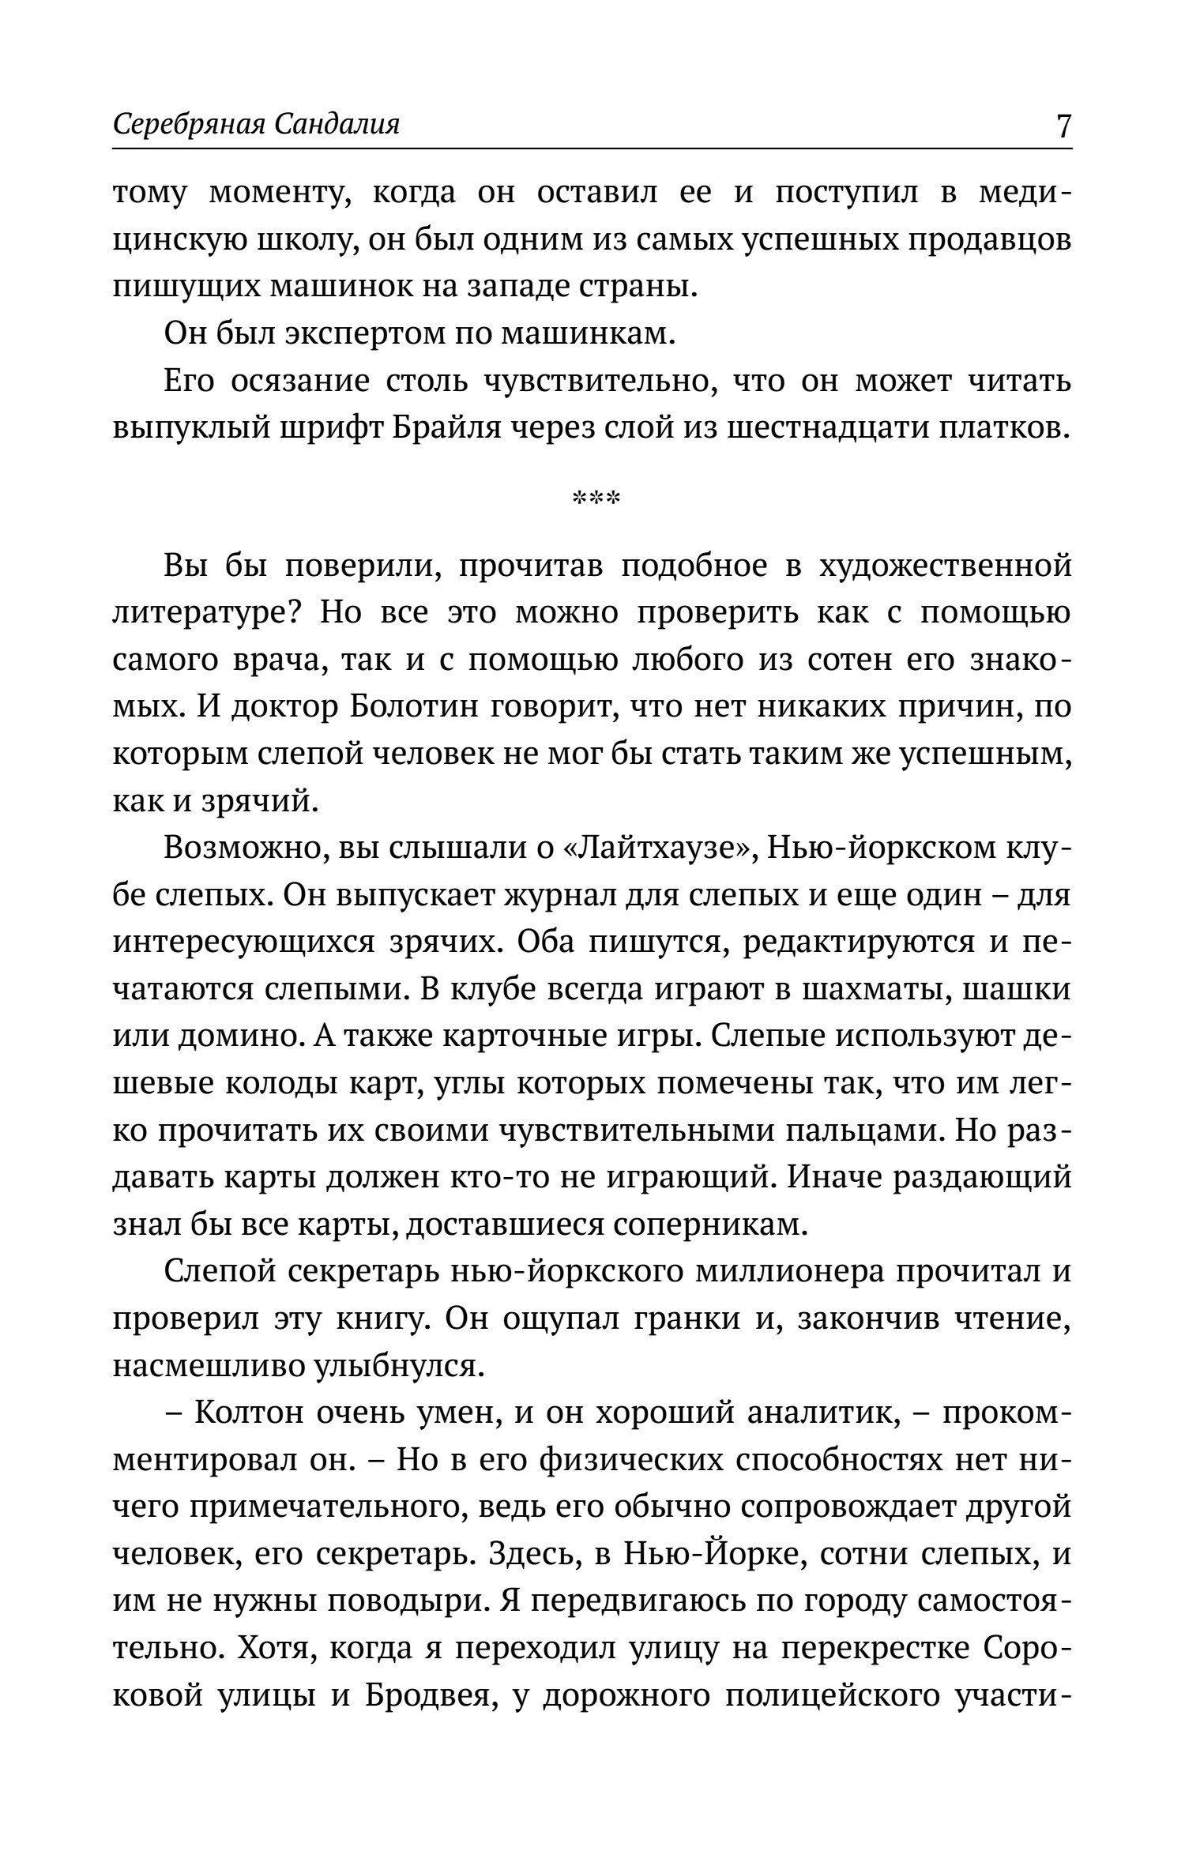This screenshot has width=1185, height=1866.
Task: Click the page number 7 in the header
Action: click(x=1063, y=126)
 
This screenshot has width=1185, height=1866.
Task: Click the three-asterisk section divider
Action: click(x=596, y=498)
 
